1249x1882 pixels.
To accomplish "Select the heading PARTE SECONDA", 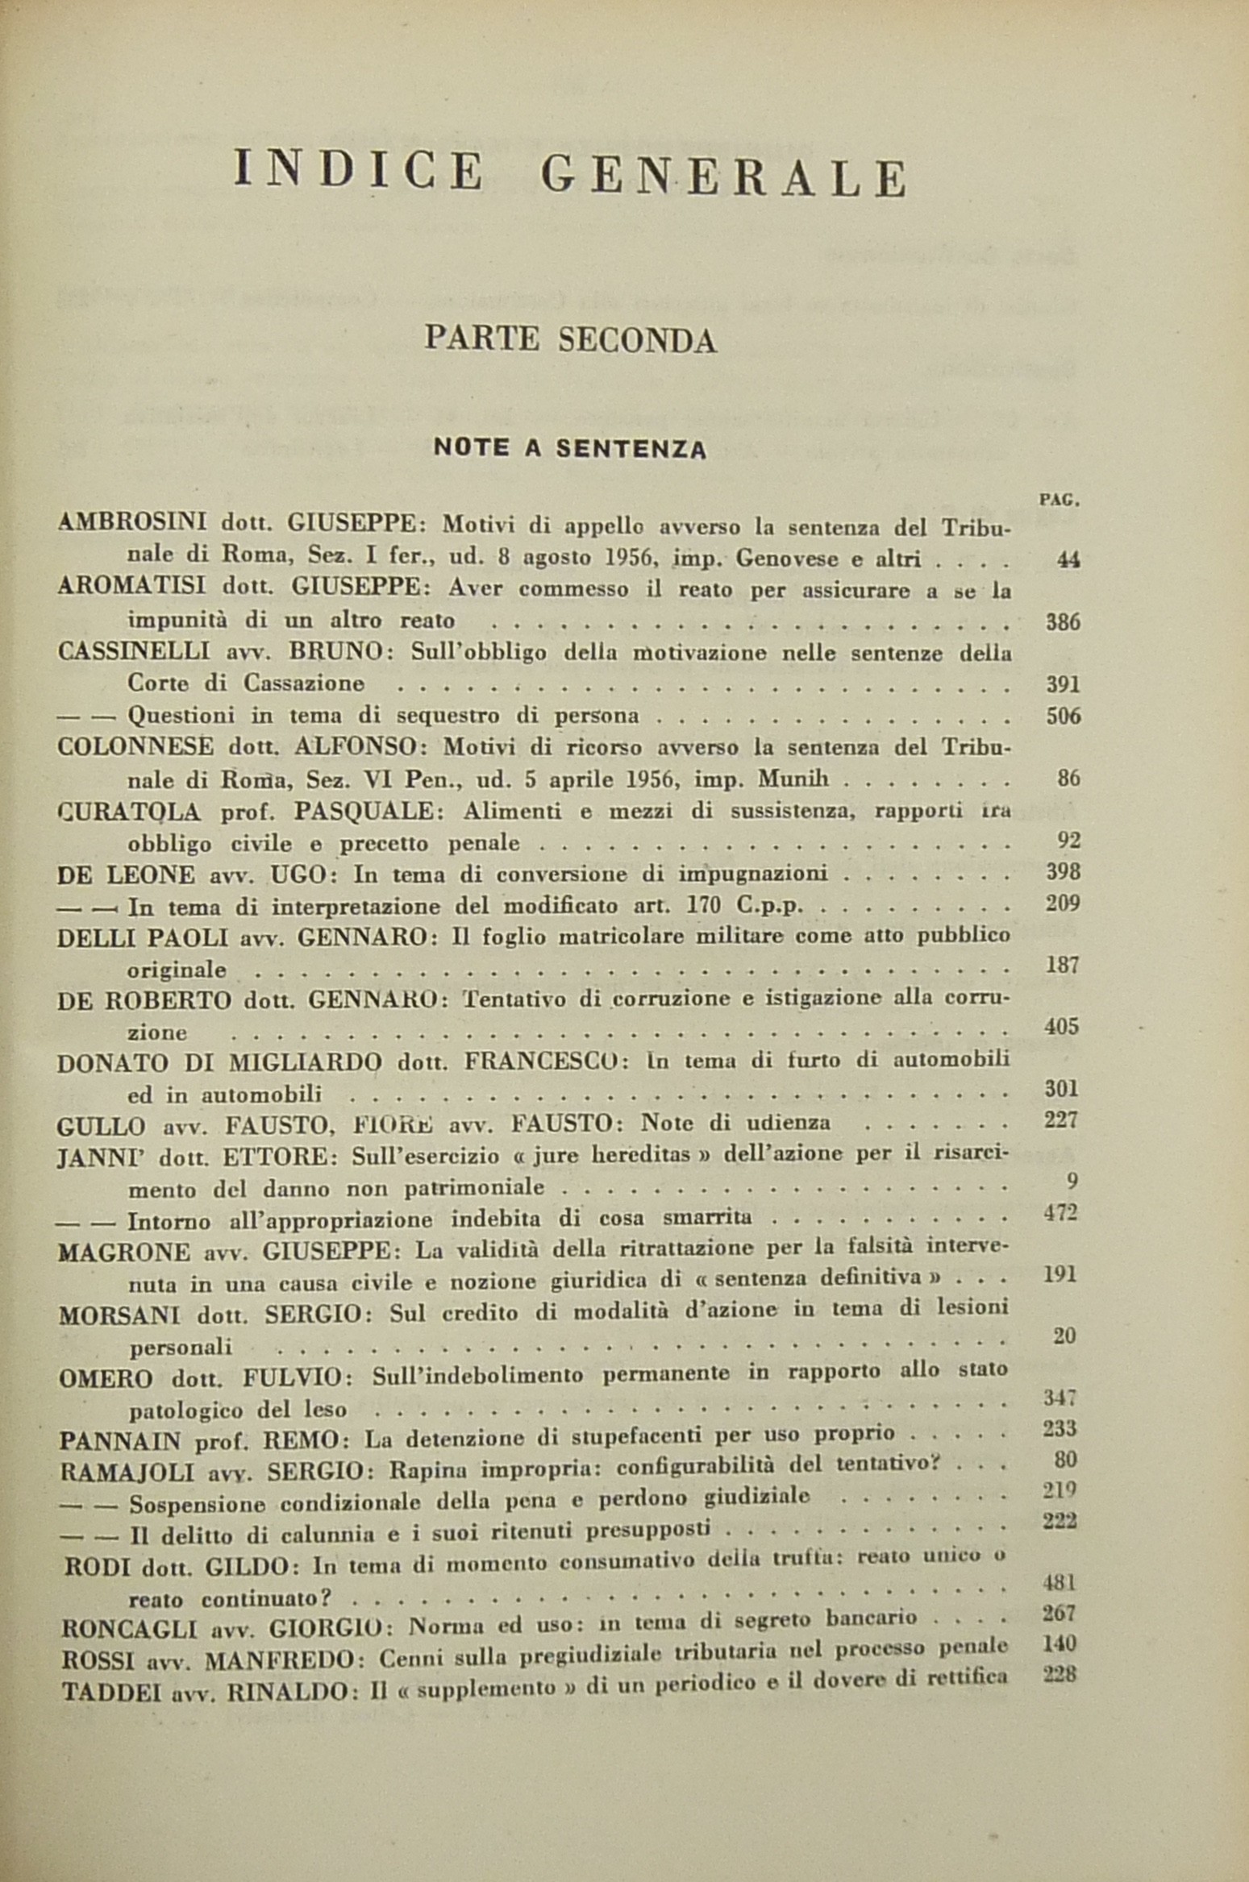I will coord(570,340).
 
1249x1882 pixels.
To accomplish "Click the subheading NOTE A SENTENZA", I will coord(570,447).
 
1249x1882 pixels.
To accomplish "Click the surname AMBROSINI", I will coord(132,523).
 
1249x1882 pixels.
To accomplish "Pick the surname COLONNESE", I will coord(136,746).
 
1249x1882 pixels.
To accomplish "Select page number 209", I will coord(1062,903).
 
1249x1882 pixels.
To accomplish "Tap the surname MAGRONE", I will coord(124,1252).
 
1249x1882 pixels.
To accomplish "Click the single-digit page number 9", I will coord(1072,1182).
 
